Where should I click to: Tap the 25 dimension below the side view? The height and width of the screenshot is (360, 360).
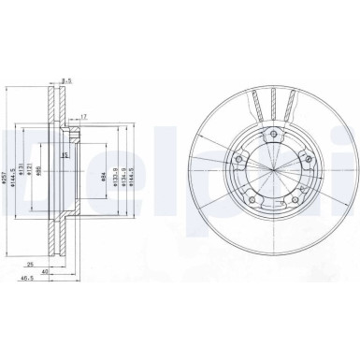(32, 265)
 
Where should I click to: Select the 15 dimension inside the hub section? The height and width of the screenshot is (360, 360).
(65, 155)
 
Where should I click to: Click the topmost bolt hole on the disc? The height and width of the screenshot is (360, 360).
(272, 137)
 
